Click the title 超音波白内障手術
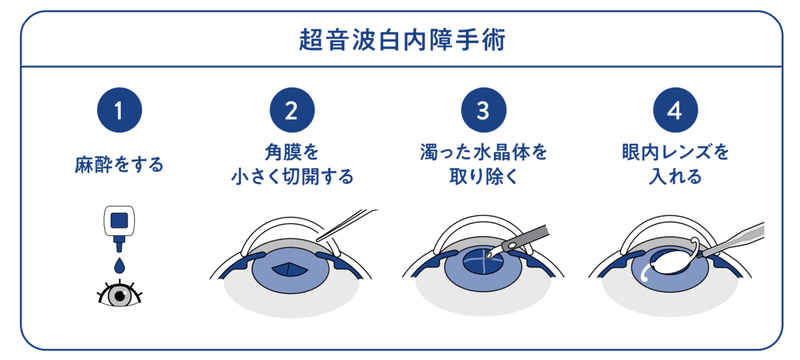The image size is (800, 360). tap(402, 41)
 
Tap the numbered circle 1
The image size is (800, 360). tap(119, 110)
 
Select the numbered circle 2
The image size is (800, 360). tap(292, 110)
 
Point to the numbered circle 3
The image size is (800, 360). tap(483, 110)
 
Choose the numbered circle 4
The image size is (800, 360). tap(676, 110)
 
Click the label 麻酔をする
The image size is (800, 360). tap(119, 165)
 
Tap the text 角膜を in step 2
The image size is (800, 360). tap(292, 152)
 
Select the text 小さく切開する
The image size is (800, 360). tap(292, 176)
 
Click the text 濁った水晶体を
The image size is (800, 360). tap(483, 152)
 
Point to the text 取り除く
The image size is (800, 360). tap(483, 176)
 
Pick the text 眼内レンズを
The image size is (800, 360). tap(676, 152)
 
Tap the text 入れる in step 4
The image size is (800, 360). tap(676, 176)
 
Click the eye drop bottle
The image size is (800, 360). tap(119, 227)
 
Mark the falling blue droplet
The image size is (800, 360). tap(119, 265)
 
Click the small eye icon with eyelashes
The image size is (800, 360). tap(119, 294)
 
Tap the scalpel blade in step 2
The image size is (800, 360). tap(347, 224)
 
